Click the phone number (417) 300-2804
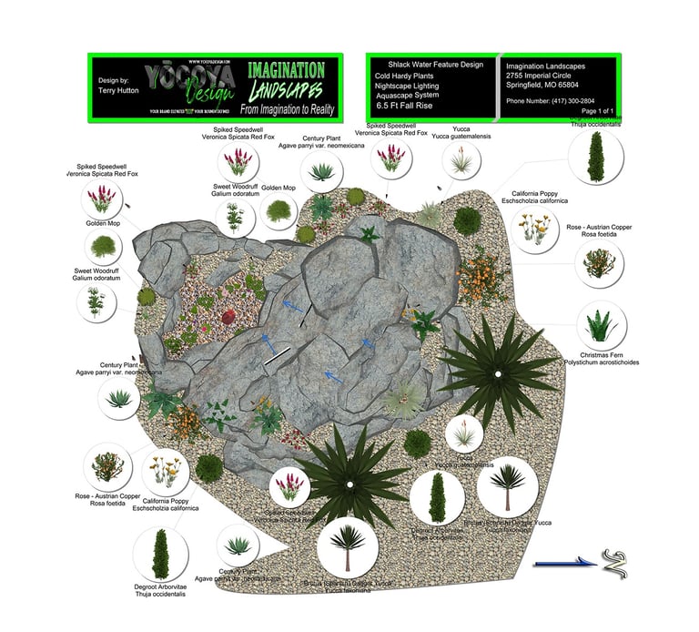click(x=550, y=100)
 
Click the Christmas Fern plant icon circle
click(x=602, y=325)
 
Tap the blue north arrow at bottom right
click(x=564, y=564)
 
